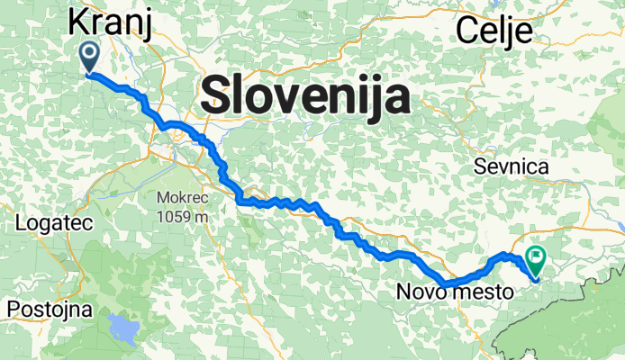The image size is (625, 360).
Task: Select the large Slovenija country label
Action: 304,94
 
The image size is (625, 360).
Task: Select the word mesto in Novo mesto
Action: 485,292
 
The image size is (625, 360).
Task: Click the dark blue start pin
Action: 90,56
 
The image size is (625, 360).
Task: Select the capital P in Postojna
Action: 14,310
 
